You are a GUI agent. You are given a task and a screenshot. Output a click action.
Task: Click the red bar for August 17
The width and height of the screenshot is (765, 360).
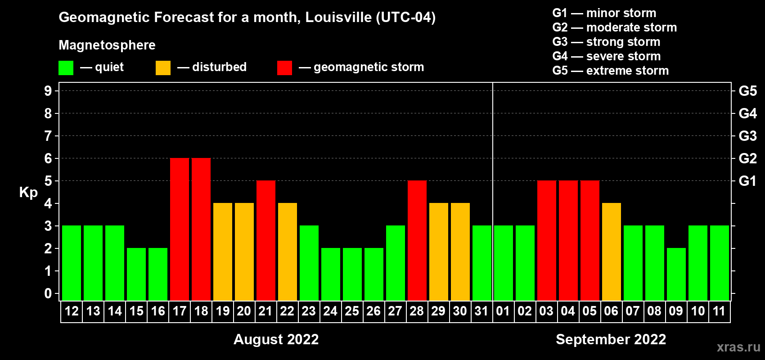(180, 229)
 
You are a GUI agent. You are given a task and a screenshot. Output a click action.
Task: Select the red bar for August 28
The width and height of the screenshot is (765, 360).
(417, 240)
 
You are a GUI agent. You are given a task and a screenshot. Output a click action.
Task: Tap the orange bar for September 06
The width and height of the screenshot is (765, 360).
(612, 252)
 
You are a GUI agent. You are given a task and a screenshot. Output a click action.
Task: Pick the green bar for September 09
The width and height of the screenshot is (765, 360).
(676, 274)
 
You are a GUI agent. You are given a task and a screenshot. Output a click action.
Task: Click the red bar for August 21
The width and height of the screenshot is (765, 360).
(266, 240)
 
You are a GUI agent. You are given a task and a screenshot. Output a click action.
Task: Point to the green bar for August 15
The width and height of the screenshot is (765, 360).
(136, 274)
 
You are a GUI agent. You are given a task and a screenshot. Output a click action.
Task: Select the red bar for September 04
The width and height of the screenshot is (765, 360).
(568, 240)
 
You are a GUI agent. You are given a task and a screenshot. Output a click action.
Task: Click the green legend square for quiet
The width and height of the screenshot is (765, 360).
(66, 68)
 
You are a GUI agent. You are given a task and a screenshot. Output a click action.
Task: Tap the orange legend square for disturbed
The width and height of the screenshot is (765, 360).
(163, 68)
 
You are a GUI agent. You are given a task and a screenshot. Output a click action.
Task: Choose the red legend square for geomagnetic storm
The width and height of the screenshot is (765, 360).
(285, 68)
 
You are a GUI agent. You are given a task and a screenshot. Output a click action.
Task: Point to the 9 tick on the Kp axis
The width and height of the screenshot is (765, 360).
(48, 91)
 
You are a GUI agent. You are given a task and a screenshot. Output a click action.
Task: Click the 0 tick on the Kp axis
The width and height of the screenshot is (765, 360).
(48, 294)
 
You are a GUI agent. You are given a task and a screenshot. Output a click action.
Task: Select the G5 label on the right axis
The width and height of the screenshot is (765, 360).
(747, 91)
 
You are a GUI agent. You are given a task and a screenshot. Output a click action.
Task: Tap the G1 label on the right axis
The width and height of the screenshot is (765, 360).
(747, 181)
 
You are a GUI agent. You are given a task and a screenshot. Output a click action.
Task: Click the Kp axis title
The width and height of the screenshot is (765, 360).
(28, 192)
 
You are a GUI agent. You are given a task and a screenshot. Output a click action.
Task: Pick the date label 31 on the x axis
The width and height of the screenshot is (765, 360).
(481, 311)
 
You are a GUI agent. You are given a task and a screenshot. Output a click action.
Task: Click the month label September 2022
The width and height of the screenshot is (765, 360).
(611, 339)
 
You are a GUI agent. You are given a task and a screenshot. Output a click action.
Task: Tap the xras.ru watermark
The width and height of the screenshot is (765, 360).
(738, 346)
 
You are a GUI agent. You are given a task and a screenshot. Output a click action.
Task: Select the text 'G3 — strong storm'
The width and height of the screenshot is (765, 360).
(606, 42)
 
